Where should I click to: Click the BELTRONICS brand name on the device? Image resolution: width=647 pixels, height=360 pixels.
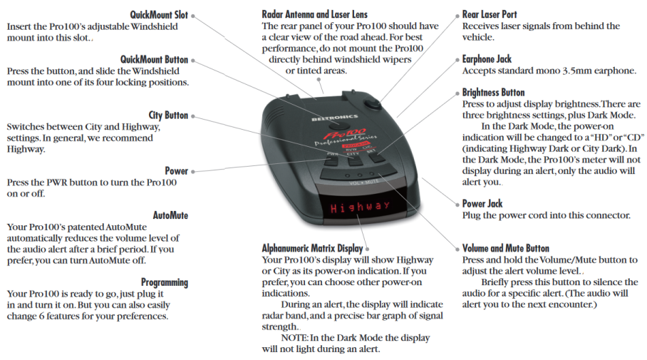pyautogui.click(x=335, y=118)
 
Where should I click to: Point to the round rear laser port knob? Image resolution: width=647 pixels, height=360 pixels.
pyautogui.click(x=373, y=103)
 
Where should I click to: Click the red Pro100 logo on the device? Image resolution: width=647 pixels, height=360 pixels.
pyautogui.click(x=345, y=134)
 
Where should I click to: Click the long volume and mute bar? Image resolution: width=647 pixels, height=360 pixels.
pyautogui.click(x=357, y=173)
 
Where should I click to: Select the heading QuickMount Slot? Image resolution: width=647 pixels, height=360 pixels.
pyautogui.click(x=159, y=15)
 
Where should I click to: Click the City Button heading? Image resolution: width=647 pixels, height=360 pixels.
pyautogui.click(x=168, y=115)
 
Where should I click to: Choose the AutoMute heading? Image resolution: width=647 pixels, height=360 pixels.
pyautogui.click(x=170, y=215)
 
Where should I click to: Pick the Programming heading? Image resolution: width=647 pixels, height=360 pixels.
pyautogui.click(x=165, y=282)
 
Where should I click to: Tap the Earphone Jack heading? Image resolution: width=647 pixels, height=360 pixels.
pyautogui.click(x=487, y=59)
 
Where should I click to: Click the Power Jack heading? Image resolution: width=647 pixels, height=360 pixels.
pyautogui.click(x=482, y=204)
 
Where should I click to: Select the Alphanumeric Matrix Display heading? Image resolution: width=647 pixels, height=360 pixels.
pyautogui.click(x=312, y=248)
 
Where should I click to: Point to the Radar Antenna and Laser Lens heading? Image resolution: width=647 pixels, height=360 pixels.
pyautogui.click(x=314, y=14)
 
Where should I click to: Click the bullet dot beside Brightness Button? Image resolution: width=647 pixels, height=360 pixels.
pyautogui.click(x=457, y=93)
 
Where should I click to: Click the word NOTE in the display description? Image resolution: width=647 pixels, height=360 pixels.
pyautogui.click(x=294, y=338)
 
